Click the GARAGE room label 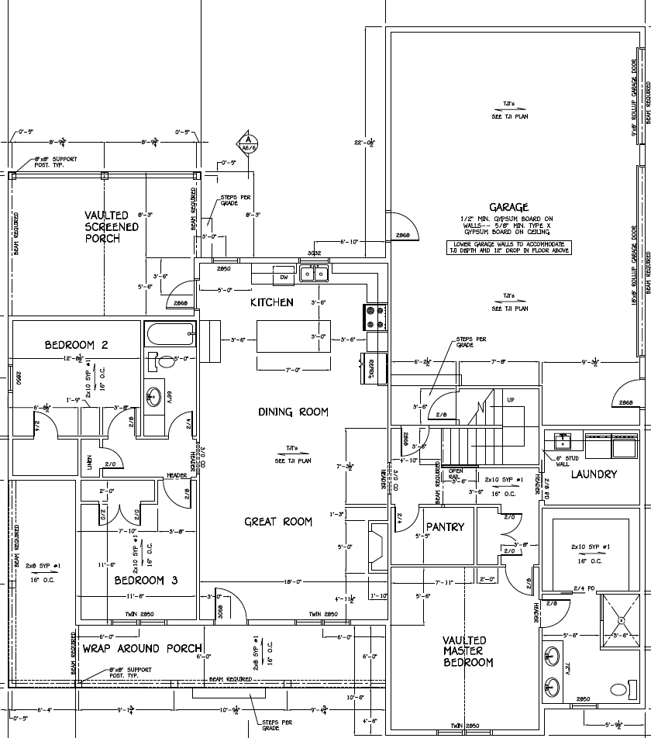pyautogui.click(x=509, y=207)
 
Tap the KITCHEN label pyautogui.click(x=271, y=302)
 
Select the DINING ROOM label pyautogui.click(x=293, y=412)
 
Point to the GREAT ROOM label pyautogui.click(x=278, y=522)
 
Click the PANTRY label pyautogui.click(x=445, y=527)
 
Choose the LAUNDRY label pyautogui.click(x=594, y=474)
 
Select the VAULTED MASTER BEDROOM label pyautogui.click(x=467, y=651)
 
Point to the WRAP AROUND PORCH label pyautogui.click(x=142, y=648)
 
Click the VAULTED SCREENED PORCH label pyautogui.click(x=112, y=226)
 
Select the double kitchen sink pyautogui.click(x=316, y=274)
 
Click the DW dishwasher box pyautogui.click(x=284, y=277)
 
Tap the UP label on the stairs pyautogui.click(x=510, y=400)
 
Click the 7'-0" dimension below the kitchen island pyautogui.click(x=292, y=370)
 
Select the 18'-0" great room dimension pyautogui.click(x=292, y=581)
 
